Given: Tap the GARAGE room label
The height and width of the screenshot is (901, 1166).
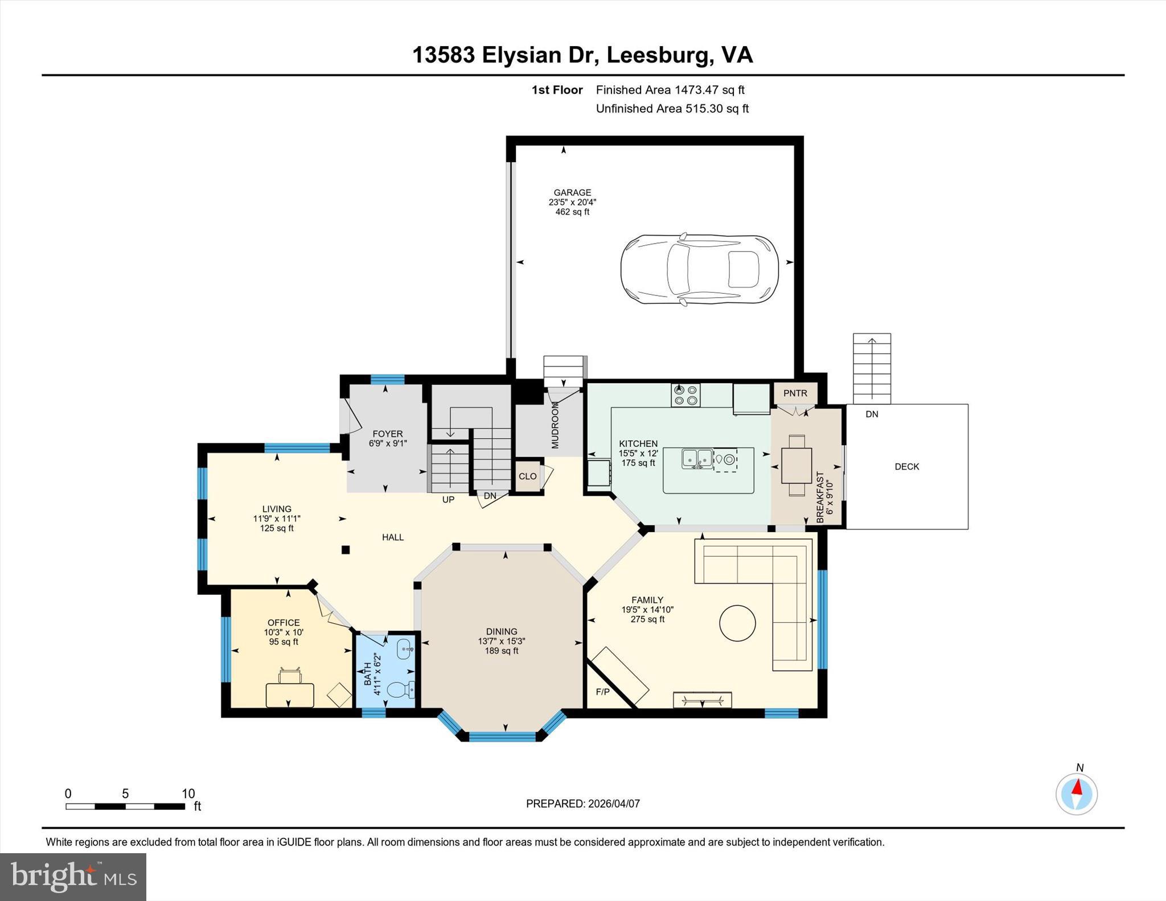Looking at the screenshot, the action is [x=572, y=192].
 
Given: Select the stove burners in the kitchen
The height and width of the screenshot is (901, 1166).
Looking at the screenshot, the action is [x=685, y=395].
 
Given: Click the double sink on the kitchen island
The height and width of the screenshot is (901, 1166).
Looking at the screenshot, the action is [x=697, y=458].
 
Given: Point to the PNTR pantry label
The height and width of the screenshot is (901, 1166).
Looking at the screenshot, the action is [x=795, y=393].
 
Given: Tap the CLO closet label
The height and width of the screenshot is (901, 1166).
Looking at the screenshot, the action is [x=528, y=476].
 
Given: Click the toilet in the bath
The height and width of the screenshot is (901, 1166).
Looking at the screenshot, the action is [x=401, y=689].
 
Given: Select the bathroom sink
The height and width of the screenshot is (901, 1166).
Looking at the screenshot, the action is [x=405, y=648].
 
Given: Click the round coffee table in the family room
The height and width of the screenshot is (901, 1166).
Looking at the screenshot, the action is [x=737, y=623].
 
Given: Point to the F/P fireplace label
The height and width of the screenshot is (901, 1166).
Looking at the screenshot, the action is [x=602, y=692].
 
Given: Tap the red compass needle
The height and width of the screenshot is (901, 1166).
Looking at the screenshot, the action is [x=1077, y=787].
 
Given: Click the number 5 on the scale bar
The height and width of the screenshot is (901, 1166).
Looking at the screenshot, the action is [x=125, y=793].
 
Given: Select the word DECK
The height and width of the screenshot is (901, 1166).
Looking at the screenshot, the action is [x=907, y=467].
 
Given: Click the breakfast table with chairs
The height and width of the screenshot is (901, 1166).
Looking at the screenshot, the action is [x=797, y=465].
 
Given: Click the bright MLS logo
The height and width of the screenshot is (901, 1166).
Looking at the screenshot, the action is [x=73, y=877].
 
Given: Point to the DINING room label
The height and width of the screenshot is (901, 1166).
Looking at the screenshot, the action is [x=502, y=631].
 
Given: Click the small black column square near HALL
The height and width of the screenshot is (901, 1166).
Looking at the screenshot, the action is [x=345, y=550].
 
